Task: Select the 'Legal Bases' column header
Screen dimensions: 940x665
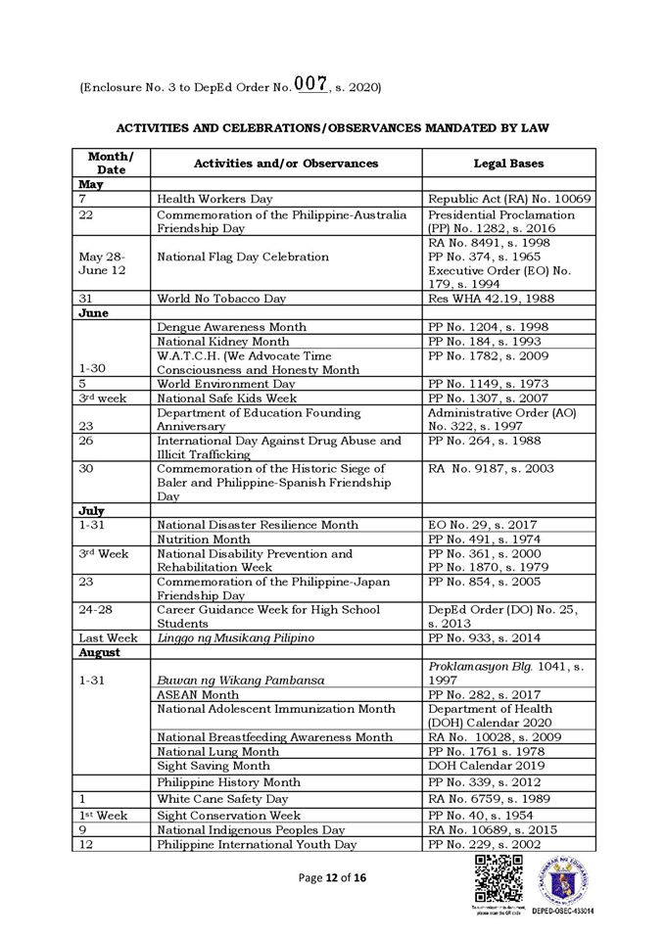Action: [x=508, y=163]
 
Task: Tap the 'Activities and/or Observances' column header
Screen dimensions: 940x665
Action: [x=286, y=163]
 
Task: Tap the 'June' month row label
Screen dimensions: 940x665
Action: [x=94, y=312]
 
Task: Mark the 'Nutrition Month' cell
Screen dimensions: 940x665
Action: [x=204, y=539]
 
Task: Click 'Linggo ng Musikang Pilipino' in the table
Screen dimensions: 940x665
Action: [x=235, y=638]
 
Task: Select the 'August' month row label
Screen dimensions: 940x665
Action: [x=100, y=652]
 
